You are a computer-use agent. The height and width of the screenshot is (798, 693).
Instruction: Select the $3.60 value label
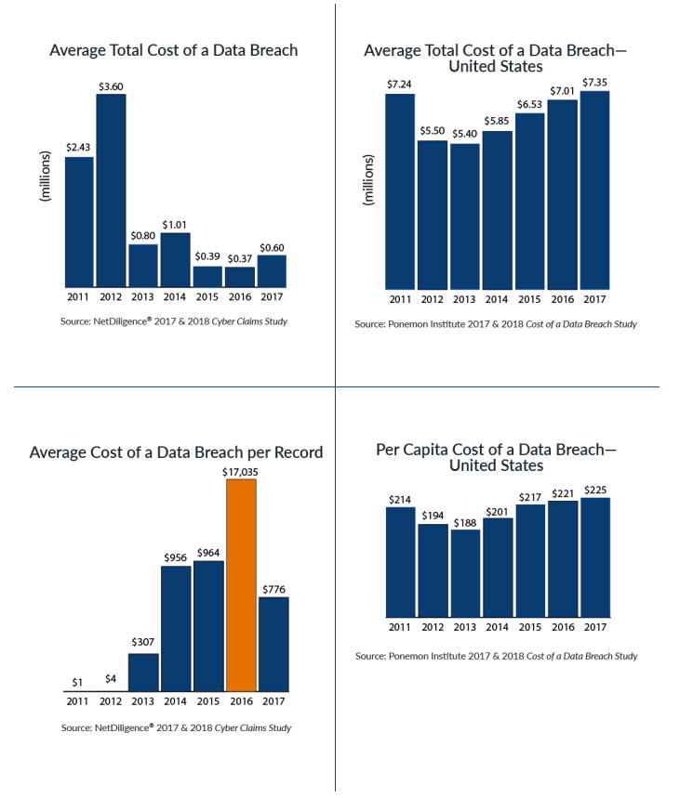[112, 85]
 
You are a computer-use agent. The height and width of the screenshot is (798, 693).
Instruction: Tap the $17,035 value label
[241, 471]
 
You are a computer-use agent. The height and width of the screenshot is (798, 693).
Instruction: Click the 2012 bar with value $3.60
[112, 190]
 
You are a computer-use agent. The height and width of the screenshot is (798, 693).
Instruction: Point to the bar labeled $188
[465, 573]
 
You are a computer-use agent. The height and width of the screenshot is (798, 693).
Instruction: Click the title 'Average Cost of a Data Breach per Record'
[176, 452]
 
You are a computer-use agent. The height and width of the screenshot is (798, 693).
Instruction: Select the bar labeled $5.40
[465, 216]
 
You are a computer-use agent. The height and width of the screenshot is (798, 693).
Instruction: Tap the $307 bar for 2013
[143, 673]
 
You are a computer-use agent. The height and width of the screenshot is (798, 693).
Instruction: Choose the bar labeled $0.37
[239, 276]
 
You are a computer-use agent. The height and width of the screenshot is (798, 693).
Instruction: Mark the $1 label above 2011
[79, 682]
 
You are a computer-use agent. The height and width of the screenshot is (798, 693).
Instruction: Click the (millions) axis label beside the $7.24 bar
[369, 180]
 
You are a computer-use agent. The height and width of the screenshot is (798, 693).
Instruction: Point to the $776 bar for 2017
[273, 644]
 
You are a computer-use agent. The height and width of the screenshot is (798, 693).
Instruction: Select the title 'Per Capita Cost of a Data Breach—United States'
[496, 457]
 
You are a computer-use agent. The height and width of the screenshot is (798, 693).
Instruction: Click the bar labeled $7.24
[401, 190]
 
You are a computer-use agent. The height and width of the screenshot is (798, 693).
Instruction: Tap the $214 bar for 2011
[401, 562]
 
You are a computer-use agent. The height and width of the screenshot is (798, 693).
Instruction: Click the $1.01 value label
[175, 224]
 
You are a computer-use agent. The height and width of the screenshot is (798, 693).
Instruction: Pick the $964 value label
[207, 552]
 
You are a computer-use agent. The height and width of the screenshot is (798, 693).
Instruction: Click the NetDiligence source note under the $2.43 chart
[176, 321]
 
